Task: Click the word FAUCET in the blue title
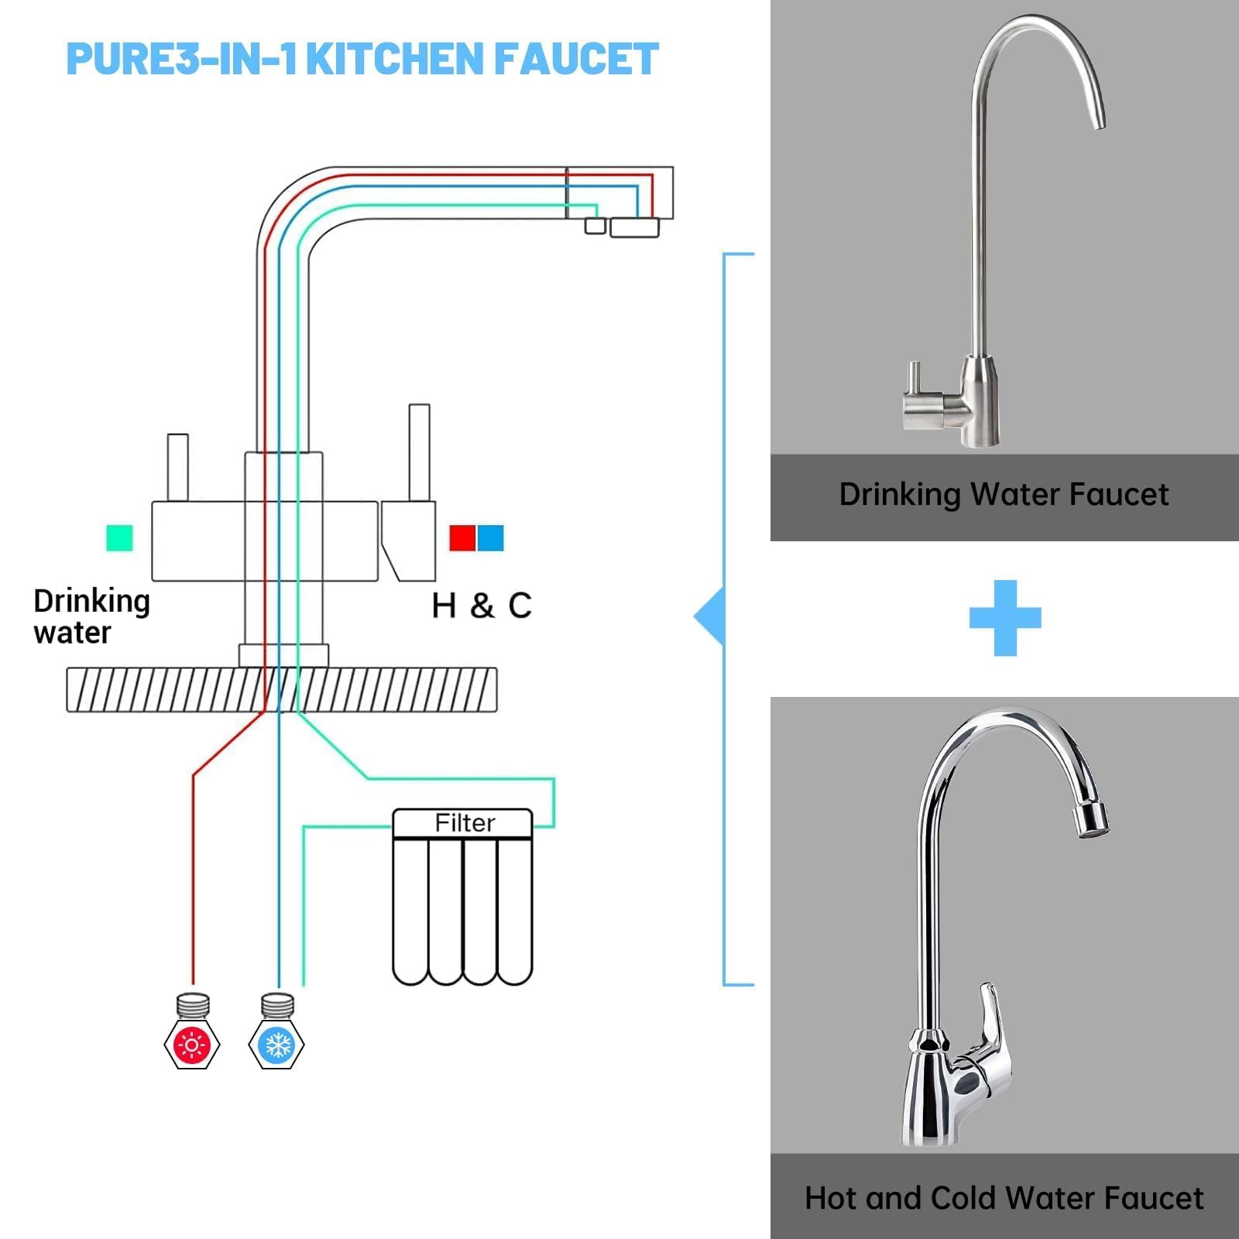pos(576,59)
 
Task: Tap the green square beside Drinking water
pos(119,537)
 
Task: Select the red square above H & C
pos(462,537)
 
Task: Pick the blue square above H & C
pos(490,537)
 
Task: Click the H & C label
pos(482,606)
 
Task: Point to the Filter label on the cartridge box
pos(465,822)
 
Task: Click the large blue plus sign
pos(1005,617)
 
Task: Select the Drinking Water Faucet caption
pos(1004,495)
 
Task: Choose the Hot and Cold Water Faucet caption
pos(1004,1198)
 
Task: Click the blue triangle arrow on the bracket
pos(709,616)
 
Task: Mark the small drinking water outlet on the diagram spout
pos(595,225)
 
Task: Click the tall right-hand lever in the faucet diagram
pos(419,452)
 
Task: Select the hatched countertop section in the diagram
pos(282,689)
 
